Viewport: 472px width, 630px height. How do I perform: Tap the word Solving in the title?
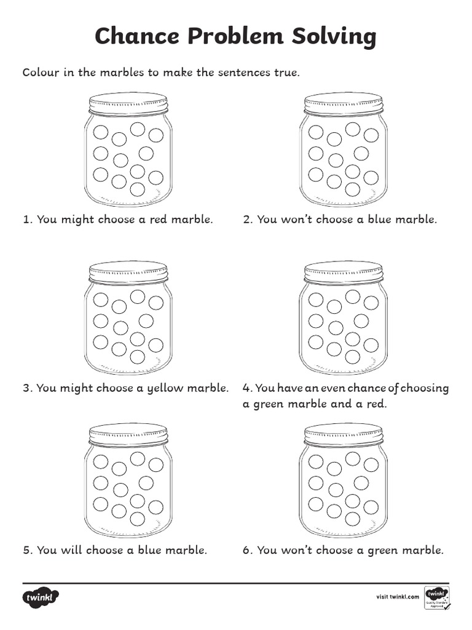[336, 38]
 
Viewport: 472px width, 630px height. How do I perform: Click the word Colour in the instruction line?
[41, 73]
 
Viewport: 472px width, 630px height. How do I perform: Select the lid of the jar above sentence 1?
[128, 103]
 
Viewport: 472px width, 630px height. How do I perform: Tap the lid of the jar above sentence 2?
[343, 103]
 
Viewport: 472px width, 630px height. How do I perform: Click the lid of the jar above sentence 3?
[128, 271]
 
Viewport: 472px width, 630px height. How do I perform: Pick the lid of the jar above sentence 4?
[343, 271]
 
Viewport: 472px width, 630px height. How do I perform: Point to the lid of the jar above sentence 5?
[128, 434]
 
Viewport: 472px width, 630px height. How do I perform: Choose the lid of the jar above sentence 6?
[343, 434]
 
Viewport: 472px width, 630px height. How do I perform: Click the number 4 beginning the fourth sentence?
[246, 389]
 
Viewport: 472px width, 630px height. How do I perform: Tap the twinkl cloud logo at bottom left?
[41, 598]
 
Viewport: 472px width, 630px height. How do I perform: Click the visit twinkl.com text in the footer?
[397, 597]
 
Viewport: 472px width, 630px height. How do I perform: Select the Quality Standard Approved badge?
[436, 598]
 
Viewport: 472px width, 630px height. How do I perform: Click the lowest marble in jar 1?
[138, 189]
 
